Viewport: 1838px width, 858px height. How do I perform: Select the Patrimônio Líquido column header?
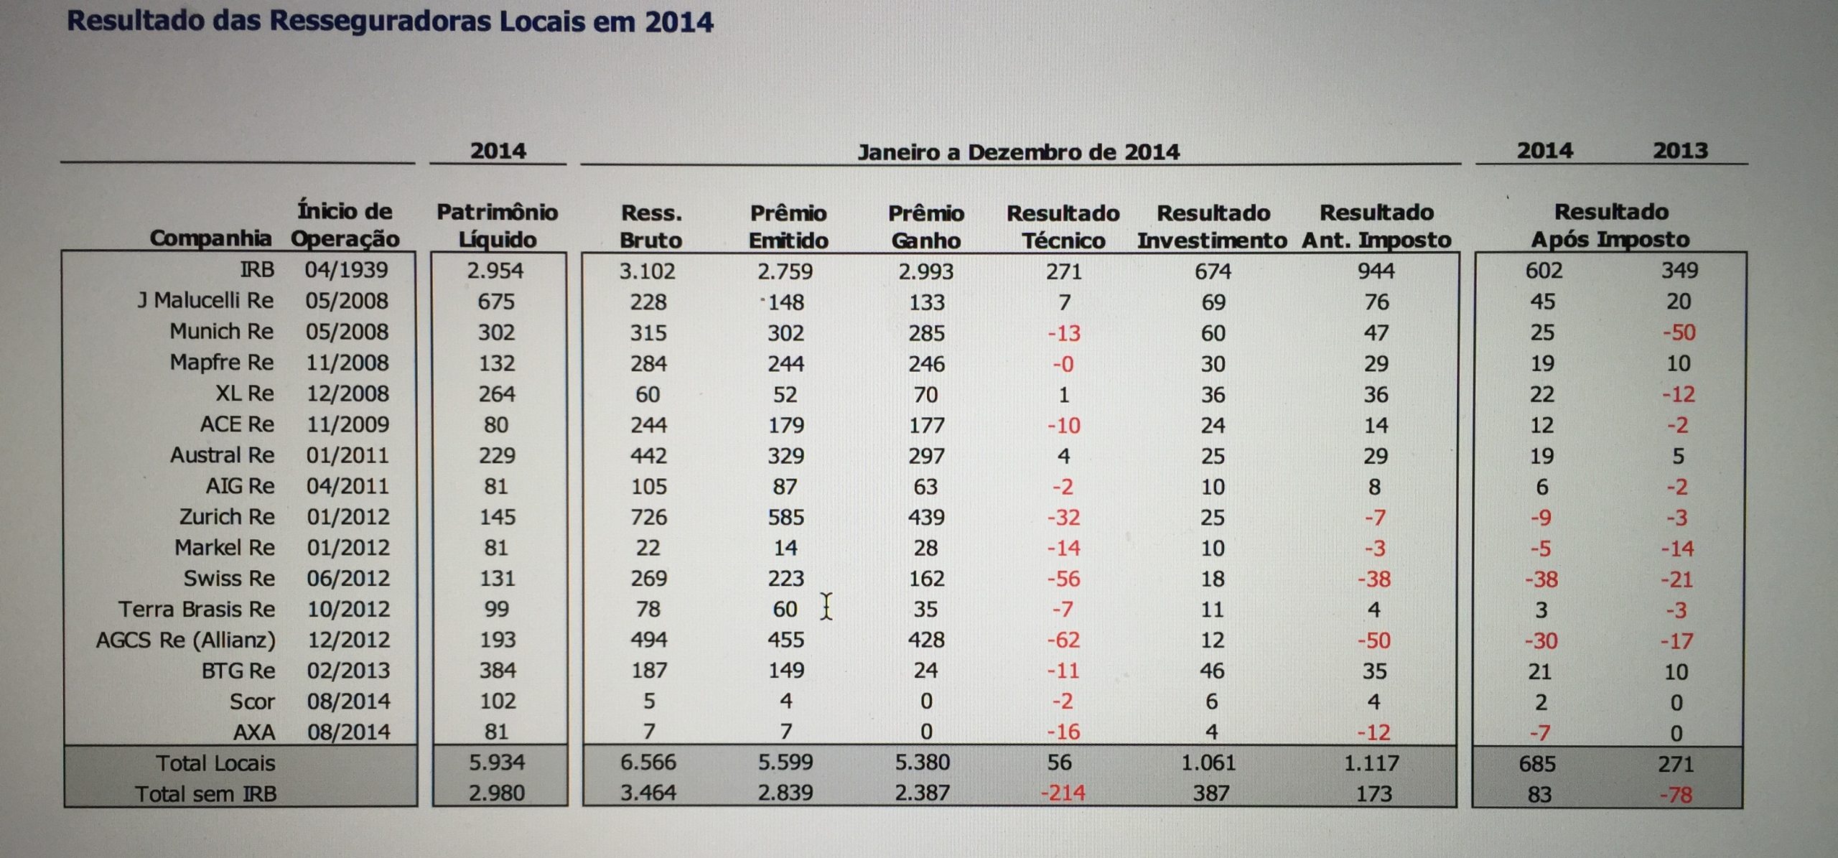click(498, 225)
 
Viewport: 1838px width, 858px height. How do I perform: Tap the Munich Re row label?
click(221, 332)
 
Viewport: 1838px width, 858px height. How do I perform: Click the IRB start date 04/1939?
click(346, 270)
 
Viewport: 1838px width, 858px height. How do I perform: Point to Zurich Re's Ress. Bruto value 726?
click(648, 517)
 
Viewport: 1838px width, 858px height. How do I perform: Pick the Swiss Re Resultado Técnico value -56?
click(1063, 579)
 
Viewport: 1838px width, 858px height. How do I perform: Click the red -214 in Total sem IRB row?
click(1063, 793)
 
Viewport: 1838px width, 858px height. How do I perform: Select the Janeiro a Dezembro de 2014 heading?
click(1018, 152)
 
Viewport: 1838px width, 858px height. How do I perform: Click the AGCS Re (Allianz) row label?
click(186, 640)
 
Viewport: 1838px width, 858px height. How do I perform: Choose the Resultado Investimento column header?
click(1212, 226)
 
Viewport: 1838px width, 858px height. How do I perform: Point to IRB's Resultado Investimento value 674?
click(1213, 271)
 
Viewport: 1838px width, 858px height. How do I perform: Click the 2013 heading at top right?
click(1679, 151)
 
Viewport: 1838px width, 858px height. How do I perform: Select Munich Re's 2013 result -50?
click(1678, 333)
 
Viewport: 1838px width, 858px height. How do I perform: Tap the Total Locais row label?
click(215, 763)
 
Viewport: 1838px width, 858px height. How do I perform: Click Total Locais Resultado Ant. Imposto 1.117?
click(1371, 763)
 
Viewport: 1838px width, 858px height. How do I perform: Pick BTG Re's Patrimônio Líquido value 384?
click(497, 671)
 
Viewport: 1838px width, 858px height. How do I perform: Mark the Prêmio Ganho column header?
click(925, 226)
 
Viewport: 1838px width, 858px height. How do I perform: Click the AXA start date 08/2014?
click(349, 732)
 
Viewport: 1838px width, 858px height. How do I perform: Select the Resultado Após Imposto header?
click(1610, 225)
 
